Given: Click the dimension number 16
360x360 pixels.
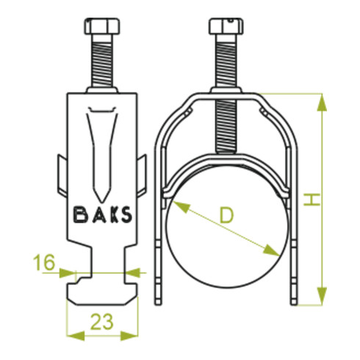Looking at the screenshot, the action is [x=45, y=262].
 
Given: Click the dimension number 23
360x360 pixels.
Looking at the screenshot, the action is [x=102, y=322].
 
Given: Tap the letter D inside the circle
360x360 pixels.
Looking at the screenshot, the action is [x=226, y=215].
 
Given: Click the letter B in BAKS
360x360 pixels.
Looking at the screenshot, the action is [x=80, y=215].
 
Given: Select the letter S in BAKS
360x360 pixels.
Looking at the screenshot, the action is [x=127, y=215].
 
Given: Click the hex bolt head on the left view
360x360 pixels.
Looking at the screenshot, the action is [x=102, y=26].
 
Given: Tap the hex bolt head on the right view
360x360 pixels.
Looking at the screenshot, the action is [x=226, y=26].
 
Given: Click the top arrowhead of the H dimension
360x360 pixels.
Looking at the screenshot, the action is [x=322, y=102].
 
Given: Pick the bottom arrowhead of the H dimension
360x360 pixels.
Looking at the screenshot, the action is [x=322, y=296].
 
